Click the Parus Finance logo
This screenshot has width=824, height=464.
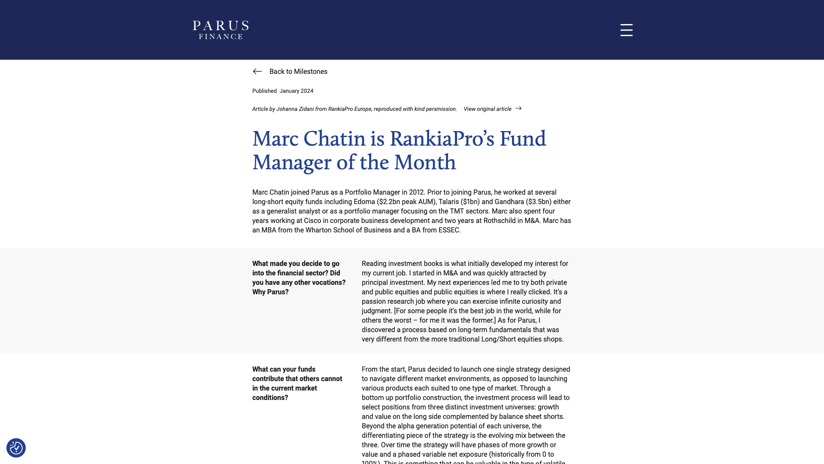point(221,30)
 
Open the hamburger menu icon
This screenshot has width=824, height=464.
point(626,30)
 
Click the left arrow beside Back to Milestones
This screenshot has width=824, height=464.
point(257,71)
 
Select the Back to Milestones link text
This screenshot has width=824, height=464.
point(298,72)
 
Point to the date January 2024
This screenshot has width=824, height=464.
point(296,91)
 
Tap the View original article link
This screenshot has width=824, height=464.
point(488,109)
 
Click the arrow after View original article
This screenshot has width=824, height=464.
point(518,109)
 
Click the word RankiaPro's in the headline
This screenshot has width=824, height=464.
point(442,139)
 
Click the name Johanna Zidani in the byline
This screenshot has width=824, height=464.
point(295,109)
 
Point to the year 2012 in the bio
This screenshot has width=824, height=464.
point(416,192)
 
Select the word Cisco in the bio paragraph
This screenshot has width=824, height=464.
point(312,221)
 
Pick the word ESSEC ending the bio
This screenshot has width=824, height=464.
point(448,230)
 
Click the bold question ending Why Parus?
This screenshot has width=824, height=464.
point(299,278)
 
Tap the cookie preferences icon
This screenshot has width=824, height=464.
point(16,448)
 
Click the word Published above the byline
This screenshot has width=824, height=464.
point(264,91)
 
